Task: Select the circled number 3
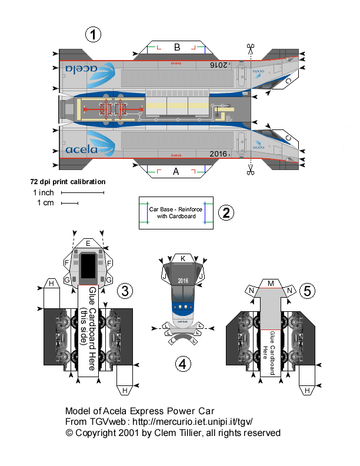coord(125,290)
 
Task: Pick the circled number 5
coord(306,290)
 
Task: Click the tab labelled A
coord(175,172)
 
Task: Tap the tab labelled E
coord(88,243)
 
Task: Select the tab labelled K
coord(183,258)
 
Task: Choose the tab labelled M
coord(271,284)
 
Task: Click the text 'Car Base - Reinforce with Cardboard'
coord(175,212)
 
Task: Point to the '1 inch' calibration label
coord(44,192)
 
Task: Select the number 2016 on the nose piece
coord(182,281)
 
